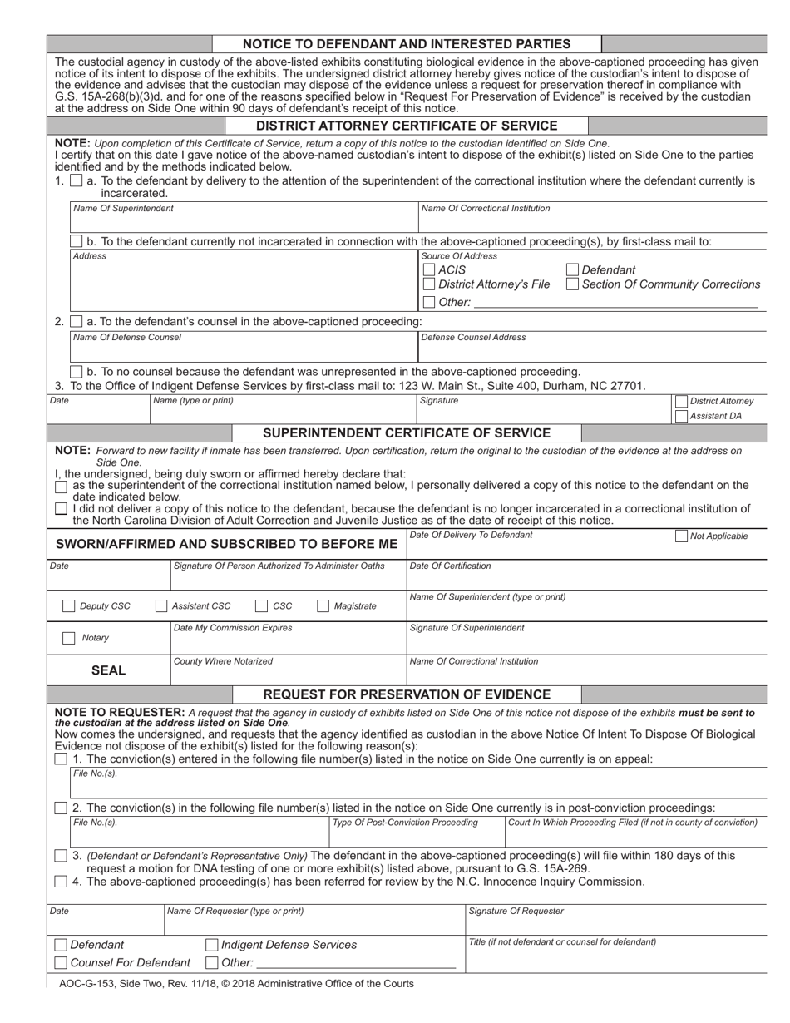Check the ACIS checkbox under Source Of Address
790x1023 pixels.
pos(428,269)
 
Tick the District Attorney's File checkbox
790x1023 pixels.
pos(428,284)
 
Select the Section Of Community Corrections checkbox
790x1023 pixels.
pos(572,284)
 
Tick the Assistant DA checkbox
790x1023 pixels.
pos(681,416)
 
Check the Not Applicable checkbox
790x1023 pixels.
pos(681,536)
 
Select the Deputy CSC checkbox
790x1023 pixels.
pos(69,606)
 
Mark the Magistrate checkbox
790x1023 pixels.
pos(323,606)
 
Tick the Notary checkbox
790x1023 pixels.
pos(69,638)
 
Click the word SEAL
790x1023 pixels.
pos(108,670)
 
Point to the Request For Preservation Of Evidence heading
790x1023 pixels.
pos(407,694)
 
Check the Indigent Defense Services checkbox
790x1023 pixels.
pos(211,945)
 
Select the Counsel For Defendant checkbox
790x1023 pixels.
pos(61,963)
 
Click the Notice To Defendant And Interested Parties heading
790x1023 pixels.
pos(407,44)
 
